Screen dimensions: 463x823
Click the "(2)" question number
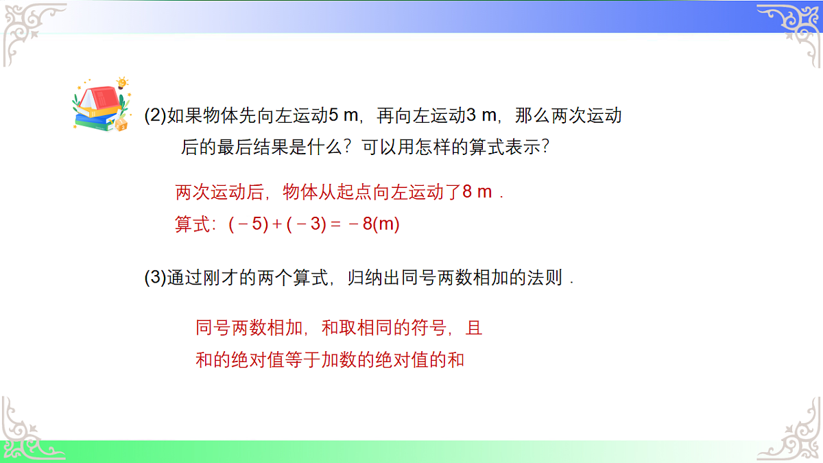tap(155, 115)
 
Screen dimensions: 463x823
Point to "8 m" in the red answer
tap(477, 192)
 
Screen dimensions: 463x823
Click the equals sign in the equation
tap(335, 224)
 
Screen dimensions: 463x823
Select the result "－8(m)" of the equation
tap(374, 224)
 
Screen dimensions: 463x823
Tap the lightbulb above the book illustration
tap(123, 83)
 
